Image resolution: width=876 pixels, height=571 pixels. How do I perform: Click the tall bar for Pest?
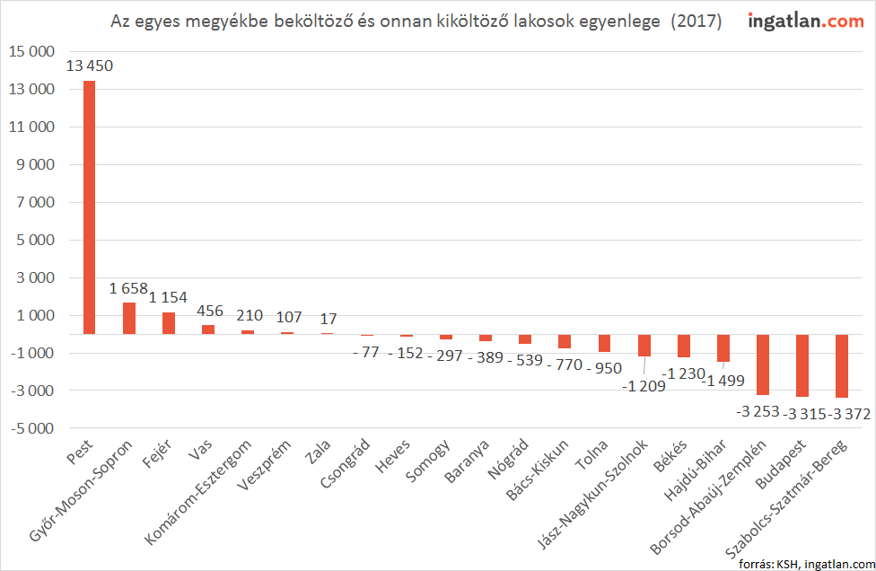[x=89, y=207]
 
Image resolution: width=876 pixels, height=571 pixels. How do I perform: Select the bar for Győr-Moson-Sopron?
[x=129, y=318]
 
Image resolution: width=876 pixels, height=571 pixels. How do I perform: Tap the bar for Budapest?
[x=802, y=365]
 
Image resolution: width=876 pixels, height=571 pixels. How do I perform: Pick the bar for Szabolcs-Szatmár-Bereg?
[x=842, y=365]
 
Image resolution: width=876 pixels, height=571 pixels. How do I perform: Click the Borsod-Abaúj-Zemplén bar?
[x=763, y=365]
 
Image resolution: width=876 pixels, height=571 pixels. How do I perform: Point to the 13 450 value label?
[x=89, y=66]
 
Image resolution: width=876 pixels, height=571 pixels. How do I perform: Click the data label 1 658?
[x=128, y=288]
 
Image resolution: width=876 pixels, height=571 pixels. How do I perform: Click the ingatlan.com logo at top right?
[x=805, y=21]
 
